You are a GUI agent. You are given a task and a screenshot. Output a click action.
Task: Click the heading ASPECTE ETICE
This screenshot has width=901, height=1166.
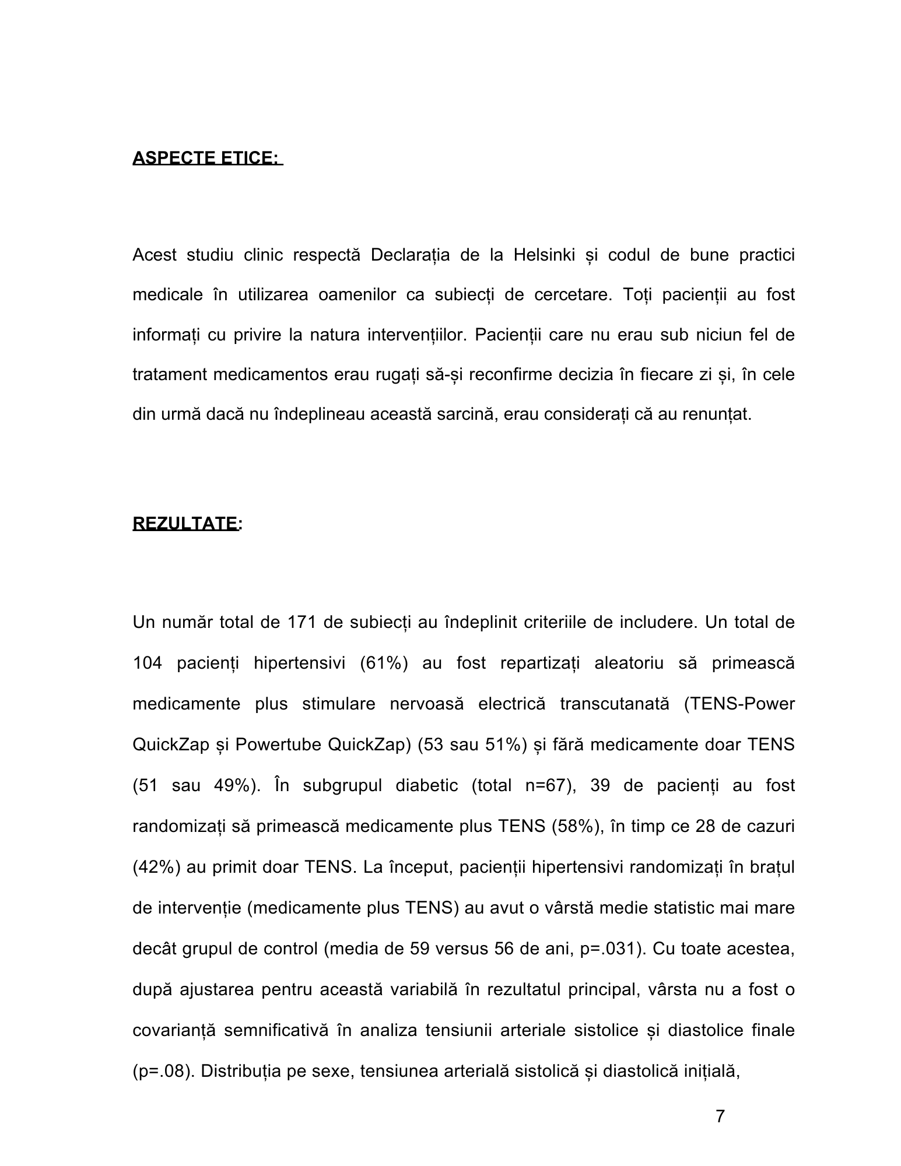pyautogui.click(x=207, y=158)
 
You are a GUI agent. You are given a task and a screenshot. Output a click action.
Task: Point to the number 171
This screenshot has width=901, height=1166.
pyautogui.click(x=301, y=623)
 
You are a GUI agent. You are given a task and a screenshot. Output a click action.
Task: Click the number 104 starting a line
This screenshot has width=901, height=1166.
pyautogui.click(x=147, y=663)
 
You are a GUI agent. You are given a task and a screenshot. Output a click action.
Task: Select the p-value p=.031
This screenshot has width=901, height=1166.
pyautogui.click(x=609, y=949)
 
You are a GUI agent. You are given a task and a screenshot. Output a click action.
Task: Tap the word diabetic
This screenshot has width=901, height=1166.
pyautogui.click(x=426, y=786)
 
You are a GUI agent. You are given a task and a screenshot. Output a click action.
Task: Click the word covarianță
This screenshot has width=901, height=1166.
pyautogui.click(x=174, y=1031)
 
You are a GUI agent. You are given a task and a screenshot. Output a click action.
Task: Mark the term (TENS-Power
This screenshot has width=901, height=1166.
pyautogui.click(x=739, y=704)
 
